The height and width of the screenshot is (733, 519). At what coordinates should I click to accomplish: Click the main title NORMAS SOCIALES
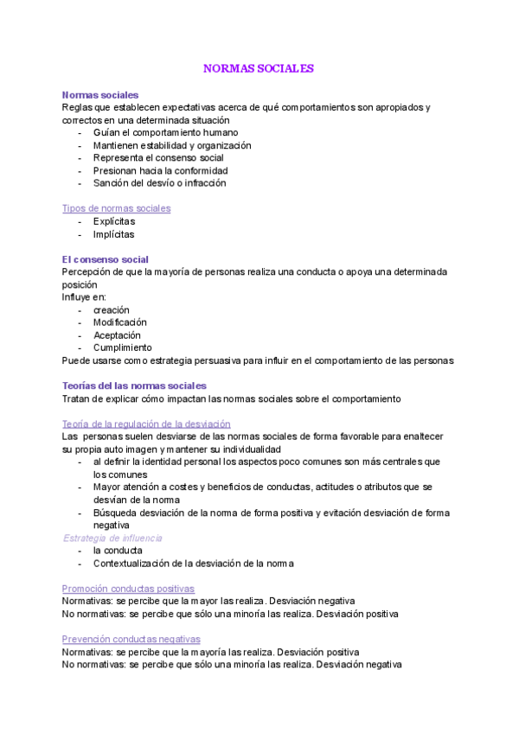click(259, 67)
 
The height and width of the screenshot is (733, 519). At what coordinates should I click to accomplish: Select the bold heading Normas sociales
click(100, 95)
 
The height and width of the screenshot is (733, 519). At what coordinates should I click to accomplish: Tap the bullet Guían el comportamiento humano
click(165, 133)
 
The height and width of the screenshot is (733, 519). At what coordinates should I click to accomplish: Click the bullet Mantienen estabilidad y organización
click(172, 146)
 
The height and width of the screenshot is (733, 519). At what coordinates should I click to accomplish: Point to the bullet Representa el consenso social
click(158, 158)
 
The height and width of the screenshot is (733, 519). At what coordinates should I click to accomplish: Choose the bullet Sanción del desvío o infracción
click(159, 183)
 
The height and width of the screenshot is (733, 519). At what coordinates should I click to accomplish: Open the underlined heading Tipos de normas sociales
click(116, 208)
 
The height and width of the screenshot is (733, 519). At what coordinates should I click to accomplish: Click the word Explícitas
click(114, 221)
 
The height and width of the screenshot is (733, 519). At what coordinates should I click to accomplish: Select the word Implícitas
click(113, 234)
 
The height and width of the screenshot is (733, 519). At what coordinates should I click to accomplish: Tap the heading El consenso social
click(105, 259)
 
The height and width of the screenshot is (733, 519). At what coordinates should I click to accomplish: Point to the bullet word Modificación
click(120, 322)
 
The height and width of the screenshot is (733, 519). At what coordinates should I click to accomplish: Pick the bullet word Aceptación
click(117, 335)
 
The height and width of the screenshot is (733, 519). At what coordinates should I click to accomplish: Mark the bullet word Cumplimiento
click(122, 347)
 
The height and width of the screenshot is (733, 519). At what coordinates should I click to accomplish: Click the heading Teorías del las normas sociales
click(134, 386)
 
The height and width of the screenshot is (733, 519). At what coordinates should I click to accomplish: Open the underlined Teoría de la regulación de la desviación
click(146, 424)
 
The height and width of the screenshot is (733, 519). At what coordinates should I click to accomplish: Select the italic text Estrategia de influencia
click(112, 538)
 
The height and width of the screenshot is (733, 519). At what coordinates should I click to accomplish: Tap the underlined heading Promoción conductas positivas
click(128, 589)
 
